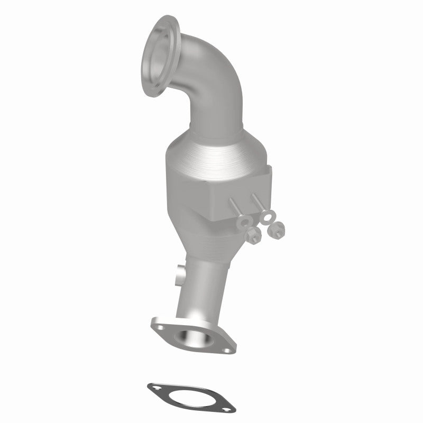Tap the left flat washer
click(x=246, y=222)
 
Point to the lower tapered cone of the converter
click(x=212, y=238)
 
